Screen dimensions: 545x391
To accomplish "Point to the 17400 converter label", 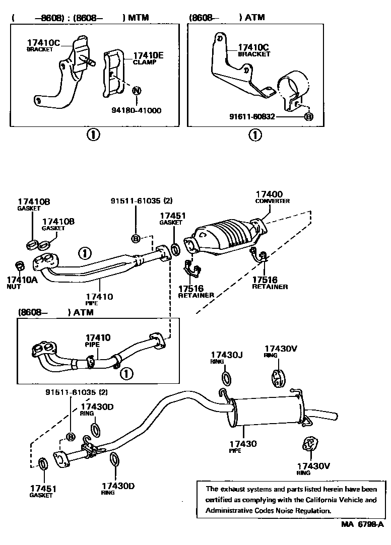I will click(x=269, y=194).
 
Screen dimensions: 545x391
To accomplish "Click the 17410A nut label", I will click(x=22, y=279).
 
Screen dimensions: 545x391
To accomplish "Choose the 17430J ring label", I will click(x=226, y=355).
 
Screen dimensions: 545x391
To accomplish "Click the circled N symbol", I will click(x=136, y=91).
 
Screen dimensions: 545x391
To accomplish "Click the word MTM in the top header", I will click(x=140, y=18).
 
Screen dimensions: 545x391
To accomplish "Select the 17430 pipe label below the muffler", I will click(x=243, y=444).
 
